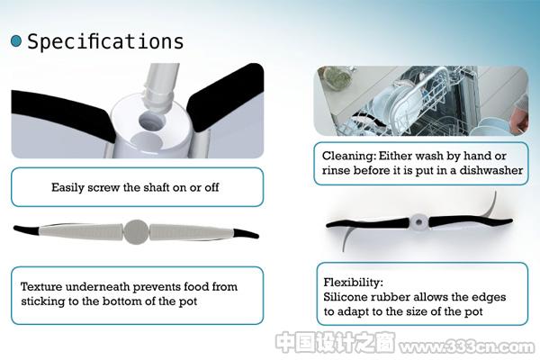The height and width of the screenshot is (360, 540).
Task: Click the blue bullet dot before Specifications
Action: coord(16,41)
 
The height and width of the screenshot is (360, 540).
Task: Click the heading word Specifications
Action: coord(105,42)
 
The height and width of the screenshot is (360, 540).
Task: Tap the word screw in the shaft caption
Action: coord(103,187)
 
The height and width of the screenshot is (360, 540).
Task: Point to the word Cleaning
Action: coord(349,156)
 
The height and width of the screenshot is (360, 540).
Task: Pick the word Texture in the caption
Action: coord(41,286)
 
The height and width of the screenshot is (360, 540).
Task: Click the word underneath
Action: coord(97,286)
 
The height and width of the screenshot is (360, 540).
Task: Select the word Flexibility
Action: coord(353,283)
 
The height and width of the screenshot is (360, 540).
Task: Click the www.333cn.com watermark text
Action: coord(466,346)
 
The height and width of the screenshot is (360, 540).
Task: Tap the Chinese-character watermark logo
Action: coord(336,342)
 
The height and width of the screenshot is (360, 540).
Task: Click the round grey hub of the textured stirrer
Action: coord(137,232)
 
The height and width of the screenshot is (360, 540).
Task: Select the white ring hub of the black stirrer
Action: coord(418,222)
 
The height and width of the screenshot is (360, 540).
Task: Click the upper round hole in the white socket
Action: coord(151,122)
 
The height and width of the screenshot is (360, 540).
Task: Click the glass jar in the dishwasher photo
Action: coord(335,77)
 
